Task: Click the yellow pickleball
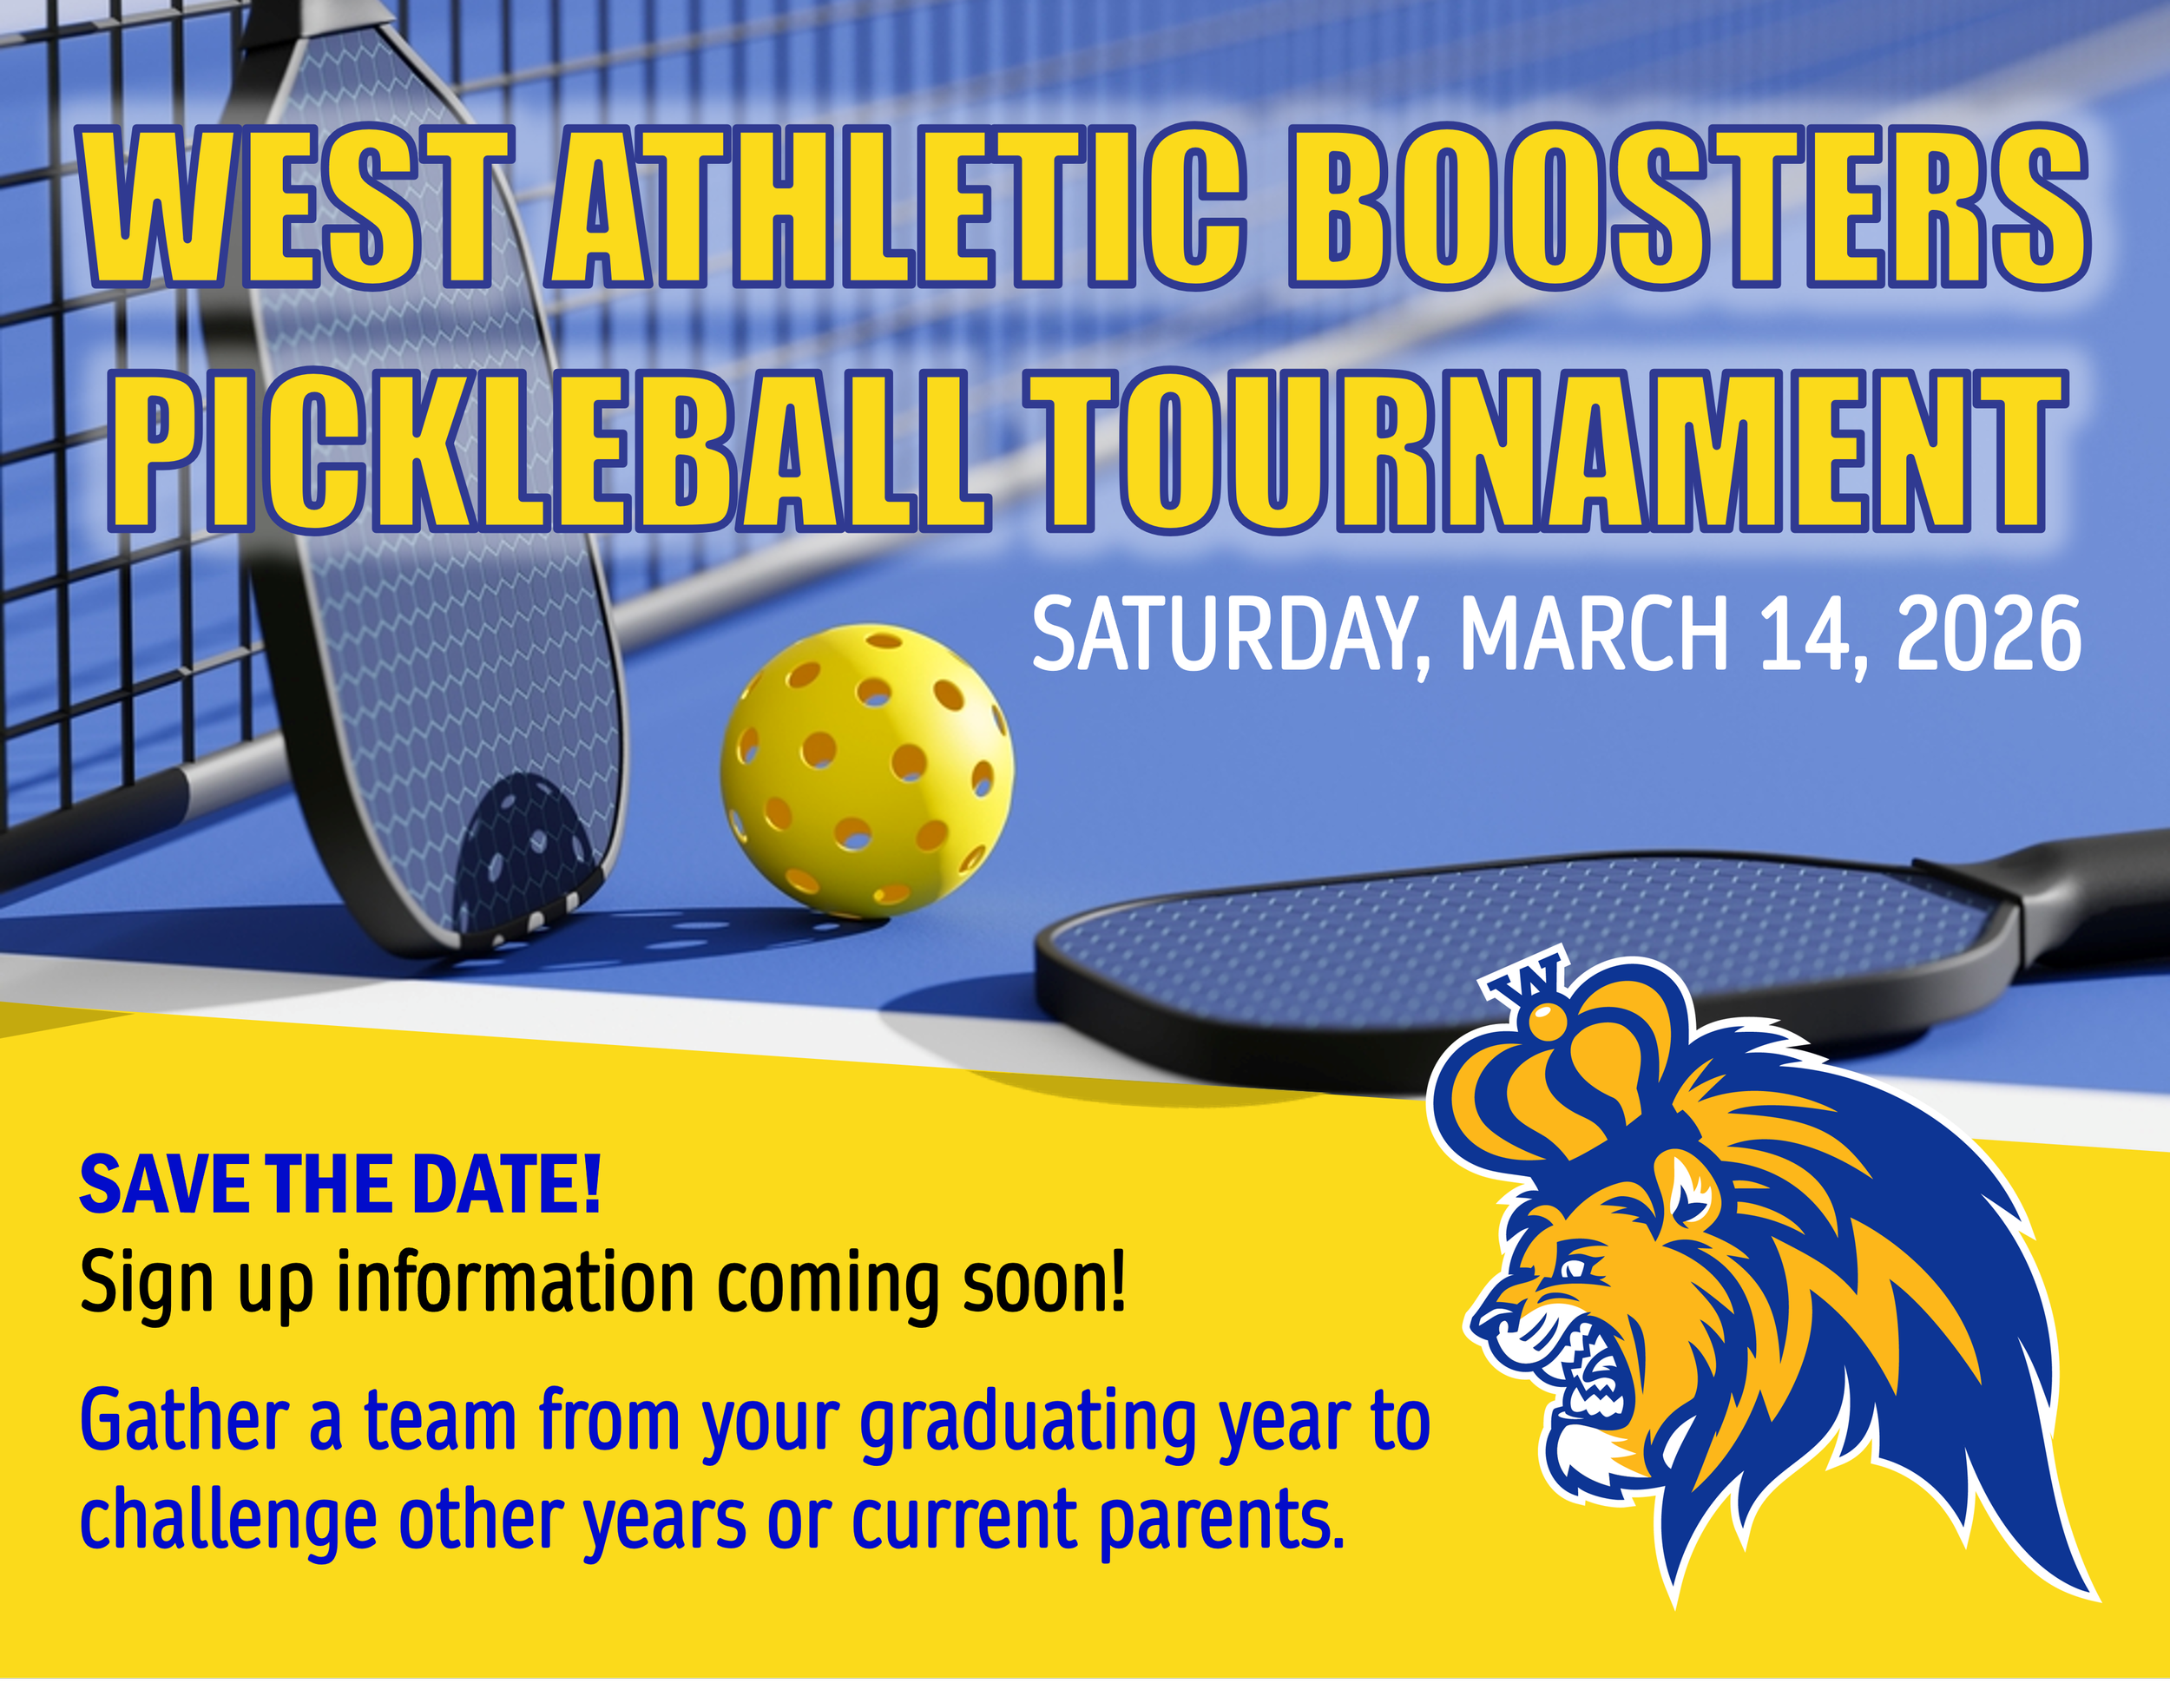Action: [x=866, y=770]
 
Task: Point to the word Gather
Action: [x=185, y=1422]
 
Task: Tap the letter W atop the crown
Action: [x=1520, y=983]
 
